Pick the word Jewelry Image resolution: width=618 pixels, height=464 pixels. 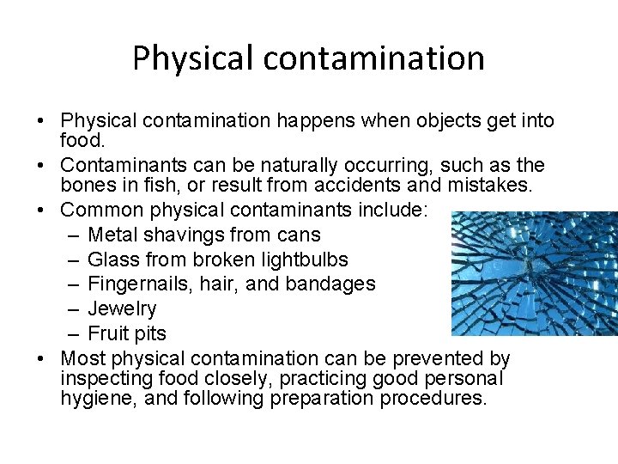[x=122, y=308]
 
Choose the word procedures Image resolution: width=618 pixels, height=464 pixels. [x=421, y=399]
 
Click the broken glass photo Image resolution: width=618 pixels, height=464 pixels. [x=534, y=273]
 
